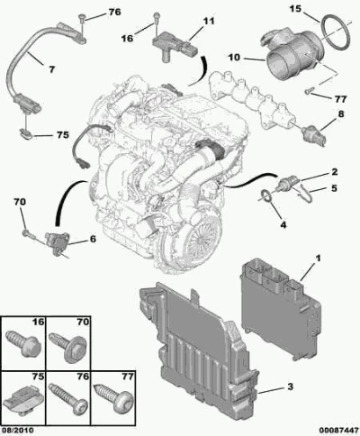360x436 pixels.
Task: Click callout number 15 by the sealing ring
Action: [x=295, y=9]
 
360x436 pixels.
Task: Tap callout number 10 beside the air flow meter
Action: [x=235, y=57]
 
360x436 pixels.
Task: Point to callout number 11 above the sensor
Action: [x=209, y=22]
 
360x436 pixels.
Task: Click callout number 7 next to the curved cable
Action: [x=52, y=69]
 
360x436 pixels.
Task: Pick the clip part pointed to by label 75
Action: [x=26, y=134]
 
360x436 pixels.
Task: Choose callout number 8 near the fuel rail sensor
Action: [x=341, y=114]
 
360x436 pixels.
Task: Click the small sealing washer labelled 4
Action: [x=265, y=195]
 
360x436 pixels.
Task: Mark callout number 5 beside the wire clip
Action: [x=334, y=188]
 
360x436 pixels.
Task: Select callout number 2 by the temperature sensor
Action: [x=335, y=172]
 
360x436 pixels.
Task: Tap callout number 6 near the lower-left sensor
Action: [x=93, y=239]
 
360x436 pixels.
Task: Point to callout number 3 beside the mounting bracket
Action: [x=290, y=386]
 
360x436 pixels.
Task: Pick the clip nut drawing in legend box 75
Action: [x=25, y=399]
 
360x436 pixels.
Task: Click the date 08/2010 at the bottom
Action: [x=17, y=431]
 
